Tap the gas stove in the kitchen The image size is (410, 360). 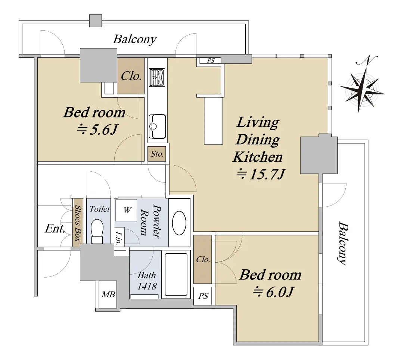(157, 77)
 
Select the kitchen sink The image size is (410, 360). (158, 126)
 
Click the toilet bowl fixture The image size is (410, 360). (97, 231)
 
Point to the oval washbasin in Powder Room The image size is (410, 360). (179, 223)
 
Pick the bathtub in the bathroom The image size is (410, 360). (176, 274)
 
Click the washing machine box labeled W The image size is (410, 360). (126, 210)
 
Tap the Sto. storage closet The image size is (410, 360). (156, 154)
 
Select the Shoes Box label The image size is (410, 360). (78, 223)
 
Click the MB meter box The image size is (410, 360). (108, 294)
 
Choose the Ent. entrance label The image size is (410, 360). (55, 229)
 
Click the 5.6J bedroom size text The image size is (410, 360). (98, 129)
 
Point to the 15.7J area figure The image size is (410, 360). (261, 174)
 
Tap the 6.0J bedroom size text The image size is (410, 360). (273, 292)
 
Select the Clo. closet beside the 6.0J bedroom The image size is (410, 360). (203, 259)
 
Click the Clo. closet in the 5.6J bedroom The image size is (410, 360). (131, 76)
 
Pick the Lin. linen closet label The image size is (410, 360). (119, 238)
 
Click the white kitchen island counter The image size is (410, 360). (213, 121)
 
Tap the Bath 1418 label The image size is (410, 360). (147, 281)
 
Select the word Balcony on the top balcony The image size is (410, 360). (135, 40)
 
